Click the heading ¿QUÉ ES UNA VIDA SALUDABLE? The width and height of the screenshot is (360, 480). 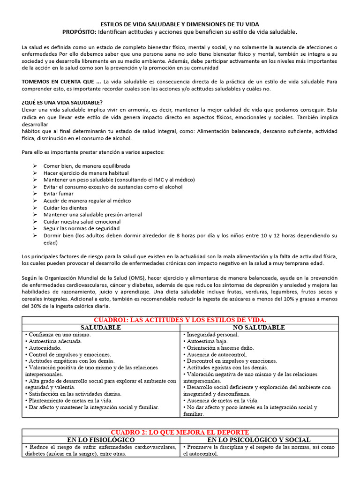tap(62, 103)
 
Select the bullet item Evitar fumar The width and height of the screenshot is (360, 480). tap(59, 194)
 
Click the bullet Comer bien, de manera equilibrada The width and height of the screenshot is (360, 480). tap(87, 166)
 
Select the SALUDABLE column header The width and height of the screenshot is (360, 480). tap(101, 327)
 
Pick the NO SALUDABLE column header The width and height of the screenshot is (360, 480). tap(258, 327)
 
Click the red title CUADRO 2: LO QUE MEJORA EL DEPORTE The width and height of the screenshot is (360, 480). tap(180, 432)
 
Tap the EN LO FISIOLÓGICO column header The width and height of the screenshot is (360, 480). tap(101, 440)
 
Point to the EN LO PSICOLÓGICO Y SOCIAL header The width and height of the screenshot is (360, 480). tap(259, 440)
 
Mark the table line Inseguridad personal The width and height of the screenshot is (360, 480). tap(213, 335)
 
